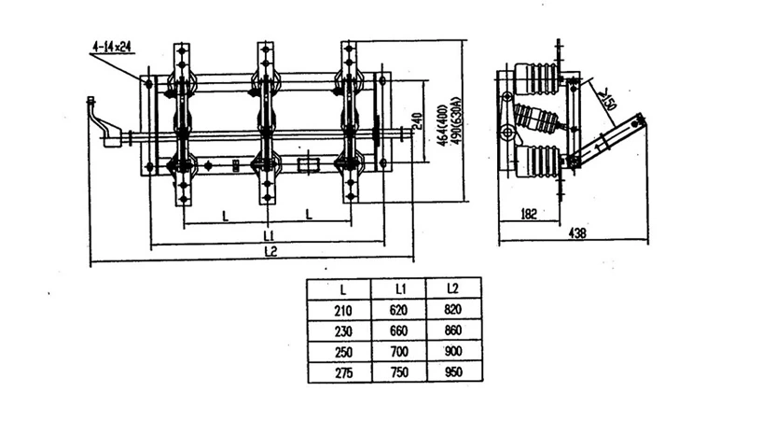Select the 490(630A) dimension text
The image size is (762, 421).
[x=457, y=118]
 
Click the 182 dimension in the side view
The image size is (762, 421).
[x=528, y=214]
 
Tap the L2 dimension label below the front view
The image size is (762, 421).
[x=270, y=252]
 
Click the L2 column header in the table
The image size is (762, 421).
[x=452, y=288]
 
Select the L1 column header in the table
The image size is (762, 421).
[x=398, y=288]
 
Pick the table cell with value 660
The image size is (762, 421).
[x=398, y=330]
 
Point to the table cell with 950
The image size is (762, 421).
[x=452, y=372]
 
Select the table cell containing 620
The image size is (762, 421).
[x=398, y=309]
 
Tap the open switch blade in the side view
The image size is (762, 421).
[x=611, y=139]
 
